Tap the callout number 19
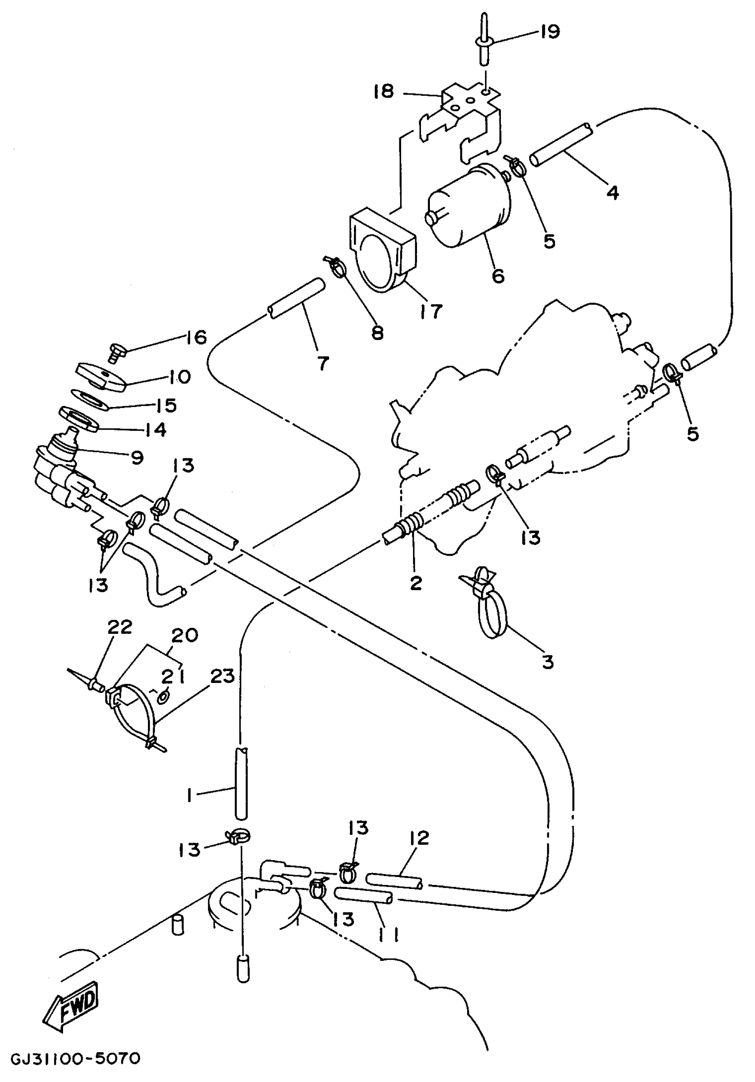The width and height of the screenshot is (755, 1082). [549, 32]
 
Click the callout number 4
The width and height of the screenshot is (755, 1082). [612, 192]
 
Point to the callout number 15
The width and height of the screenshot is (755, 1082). [165, 405]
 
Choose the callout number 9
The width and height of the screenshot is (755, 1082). [137, 457]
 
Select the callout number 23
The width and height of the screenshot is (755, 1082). [222, 677]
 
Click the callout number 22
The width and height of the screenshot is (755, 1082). [120, 627]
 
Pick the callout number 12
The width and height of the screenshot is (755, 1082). [420, 837]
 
